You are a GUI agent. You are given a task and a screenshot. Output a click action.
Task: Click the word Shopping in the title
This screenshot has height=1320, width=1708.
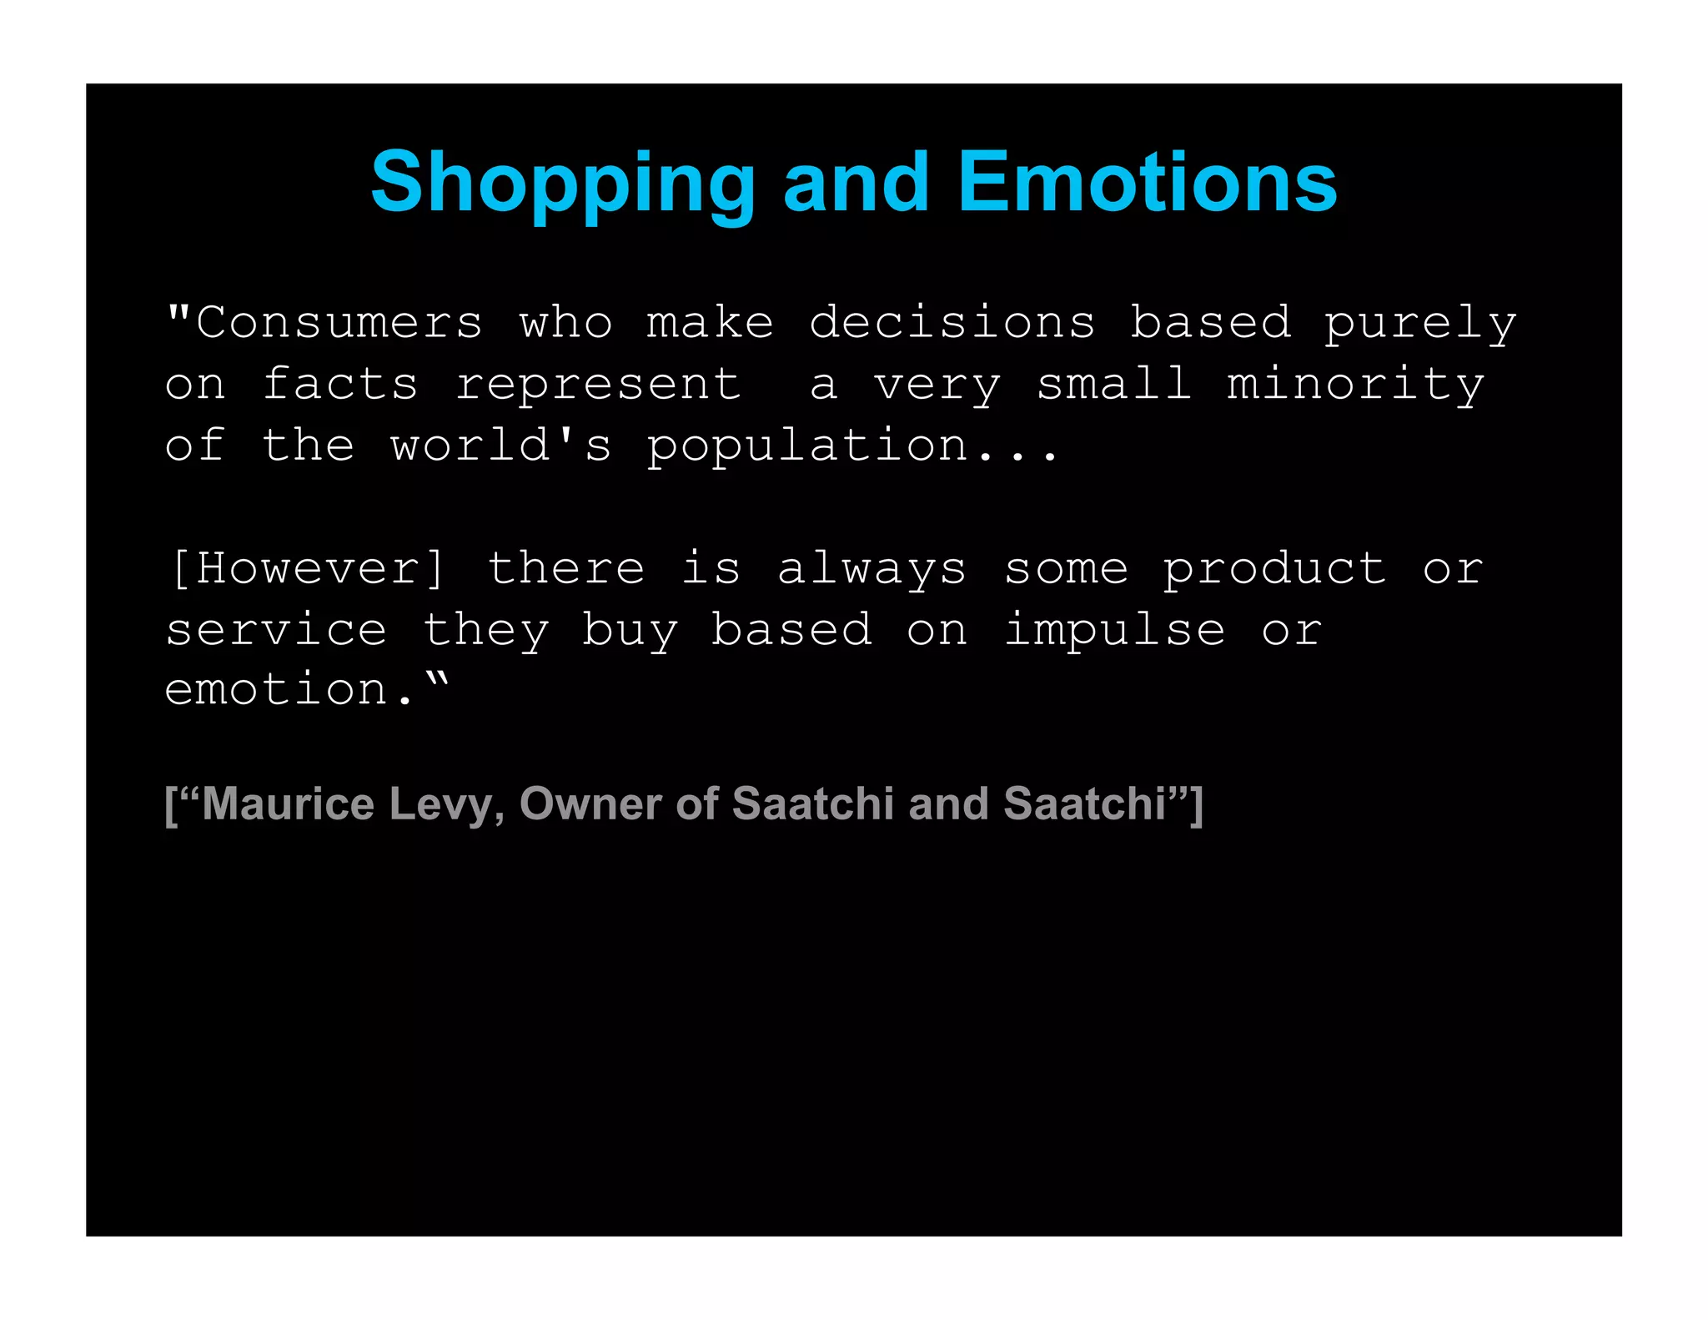click(x=563, y=184)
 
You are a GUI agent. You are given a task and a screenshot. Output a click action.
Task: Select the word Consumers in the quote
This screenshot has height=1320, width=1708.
click(x=339, y=323)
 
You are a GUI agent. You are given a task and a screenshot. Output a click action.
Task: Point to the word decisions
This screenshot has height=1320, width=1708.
click(x=952, y=323)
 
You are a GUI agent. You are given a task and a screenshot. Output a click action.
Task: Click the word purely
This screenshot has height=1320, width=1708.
click(x=1419, y=325)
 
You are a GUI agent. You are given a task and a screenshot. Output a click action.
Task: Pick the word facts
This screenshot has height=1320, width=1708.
click(x=340, y=385)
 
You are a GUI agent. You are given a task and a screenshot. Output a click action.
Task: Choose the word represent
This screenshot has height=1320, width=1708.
click(x=598, y=386)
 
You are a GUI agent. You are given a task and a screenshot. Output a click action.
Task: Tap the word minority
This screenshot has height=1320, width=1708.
click(x=1355, y=385)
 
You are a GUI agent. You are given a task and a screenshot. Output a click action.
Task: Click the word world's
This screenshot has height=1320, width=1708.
click(x=501, y=446)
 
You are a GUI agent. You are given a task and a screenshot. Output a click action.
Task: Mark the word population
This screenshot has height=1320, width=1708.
click(x=807, y=447)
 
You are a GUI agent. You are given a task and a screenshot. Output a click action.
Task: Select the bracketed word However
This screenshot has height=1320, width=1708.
click(x=308, y=569)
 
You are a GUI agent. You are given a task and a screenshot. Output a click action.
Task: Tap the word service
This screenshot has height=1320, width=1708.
click(x=276, y=631)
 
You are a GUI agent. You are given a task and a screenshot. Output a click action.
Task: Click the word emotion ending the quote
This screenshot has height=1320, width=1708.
click(x=277, y=691)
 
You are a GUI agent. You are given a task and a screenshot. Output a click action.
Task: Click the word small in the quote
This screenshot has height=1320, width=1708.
click(x=1113, y=385)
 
